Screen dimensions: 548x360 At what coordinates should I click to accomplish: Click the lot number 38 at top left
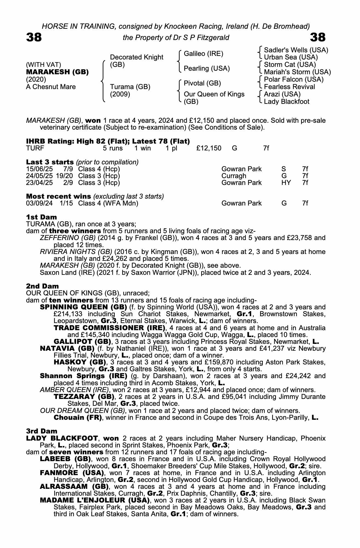(x=34, y=37)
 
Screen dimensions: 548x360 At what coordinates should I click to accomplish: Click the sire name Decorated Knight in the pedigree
(x=136, y=57)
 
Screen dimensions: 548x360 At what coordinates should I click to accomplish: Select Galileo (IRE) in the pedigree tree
(x=203, y=54)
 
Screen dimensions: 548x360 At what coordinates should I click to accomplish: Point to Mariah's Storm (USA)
(x=297, y=72)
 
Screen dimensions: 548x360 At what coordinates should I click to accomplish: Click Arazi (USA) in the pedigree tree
(x=282, y=94)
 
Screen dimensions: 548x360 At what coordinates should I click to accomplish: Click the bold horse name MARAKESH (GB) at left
(x=57, y=72)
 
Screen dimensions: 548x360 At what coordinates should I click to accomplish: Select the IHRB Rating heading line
(x=108, y=141)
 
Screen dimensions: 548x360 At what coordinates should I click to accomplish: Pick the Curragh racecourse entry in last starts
(x=234, y=176)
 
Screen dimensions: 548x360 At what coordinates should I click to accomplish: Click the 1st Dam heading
(x=41, y=217)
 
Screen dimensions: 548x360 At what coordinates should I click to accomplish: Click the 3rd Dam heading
(x=42, y=431)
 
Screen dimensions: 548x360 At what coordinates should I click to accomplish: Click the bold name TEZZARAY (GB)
(x=84, y=397)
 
